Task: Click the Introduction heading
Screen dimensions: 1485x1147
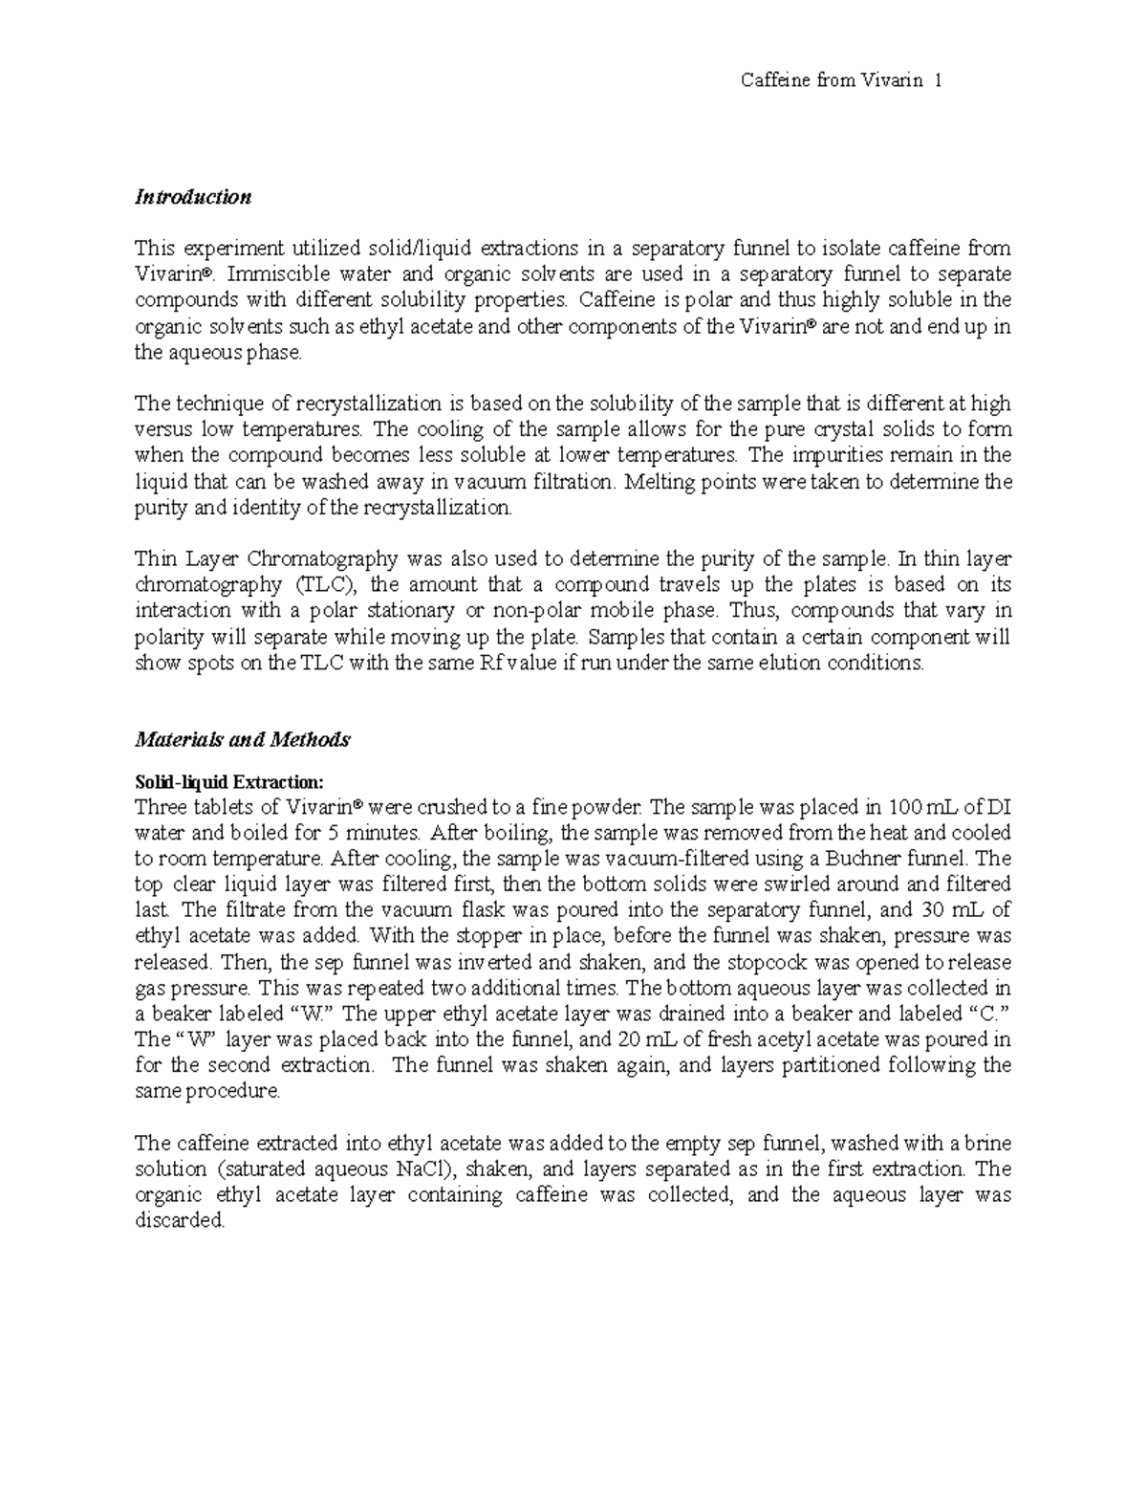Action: (x=192, y=197)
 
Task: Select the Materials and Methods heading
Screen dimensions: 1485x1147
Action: (x=242, y=739)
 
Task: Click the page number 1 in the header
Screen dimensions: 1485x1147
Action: (x=939, y=81)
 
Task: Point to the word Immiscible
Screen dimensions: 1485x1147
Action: (x=263, y=274)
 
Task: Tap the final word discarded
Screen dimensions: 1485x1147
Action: (x=180, y=1221)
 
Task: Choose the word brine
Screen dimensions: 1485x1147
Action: (x=987, y=1143)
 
